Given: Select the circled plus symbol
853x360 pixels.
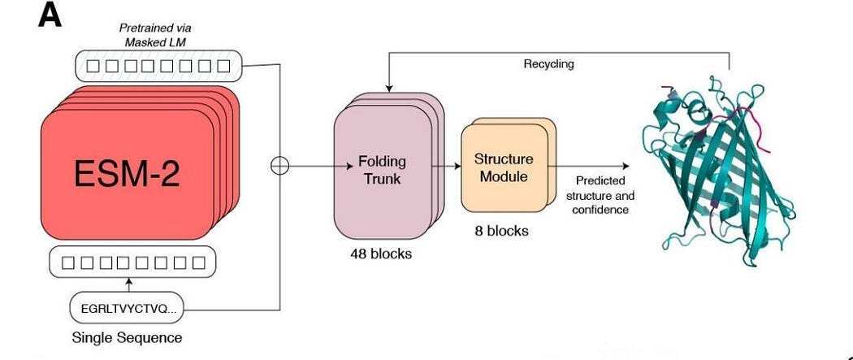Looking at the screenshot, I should coord(279,166).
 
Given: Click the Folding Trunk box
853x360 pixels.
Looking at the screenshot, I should coord(381,170).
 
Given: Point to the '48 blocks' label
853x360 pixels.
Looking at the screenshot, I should coord(380,254).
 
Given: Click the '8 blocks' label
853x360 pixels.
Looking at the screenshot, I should coord(501,231).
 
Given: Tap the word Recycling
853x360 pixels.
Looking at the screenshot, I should coord(548,63).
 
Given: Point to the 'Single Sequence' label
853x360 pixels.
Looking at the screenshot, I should coord(127,337).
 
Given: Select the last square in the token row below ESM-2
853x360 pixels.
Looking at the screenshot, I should coord(199,262).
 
